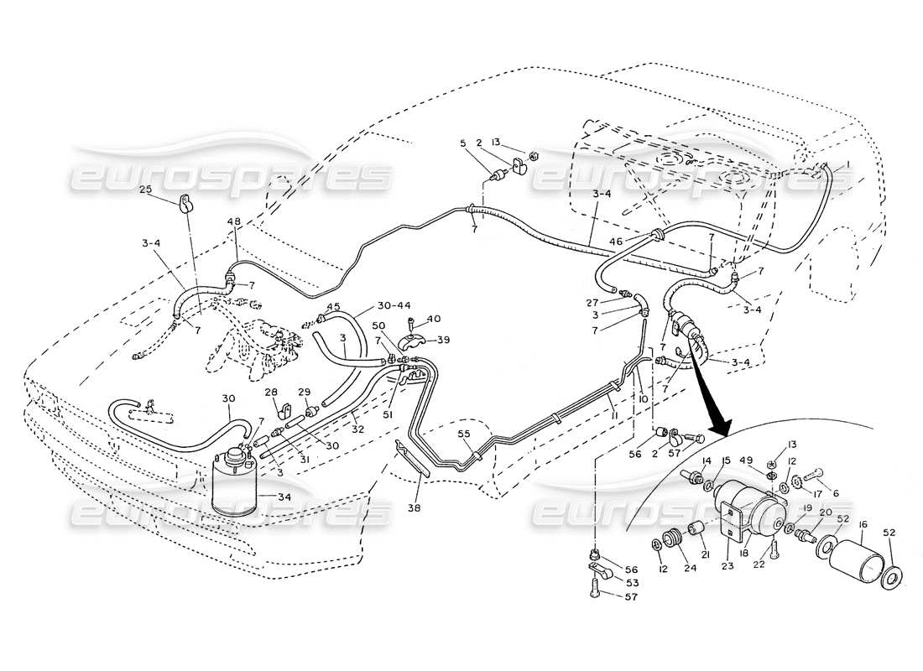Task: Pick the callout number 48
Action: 234,222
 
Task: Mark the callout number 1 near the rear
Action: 848,164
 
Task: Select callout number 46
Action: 639,241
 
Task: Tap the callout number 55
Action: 464,434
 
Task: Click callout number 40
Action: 434,318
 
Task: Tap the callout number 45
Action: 333,306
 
